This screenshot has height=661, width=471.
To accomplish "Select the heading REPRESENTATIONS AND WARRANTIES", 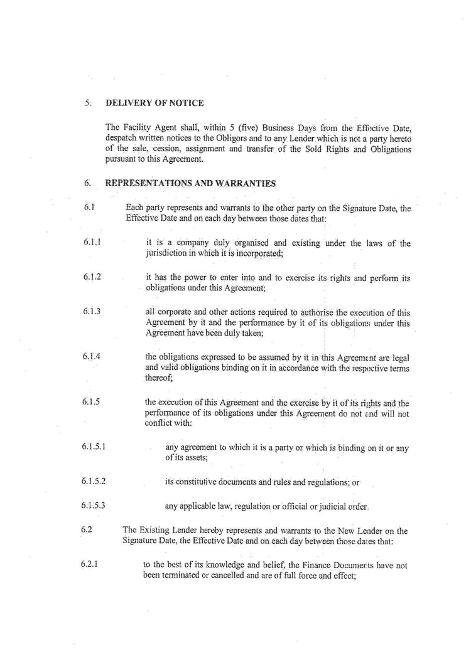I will coord(191,184).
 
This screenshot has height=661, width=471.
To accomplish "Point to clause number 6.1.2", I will coord(92,277).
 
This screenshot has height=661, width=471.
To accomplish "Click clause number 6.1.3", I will coord(92,311).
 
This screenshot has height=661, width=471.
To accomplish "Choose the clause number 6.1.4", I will coord(92,356).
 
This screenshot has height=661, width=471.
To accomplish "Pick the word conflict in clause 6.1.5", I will coord(158,423).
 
